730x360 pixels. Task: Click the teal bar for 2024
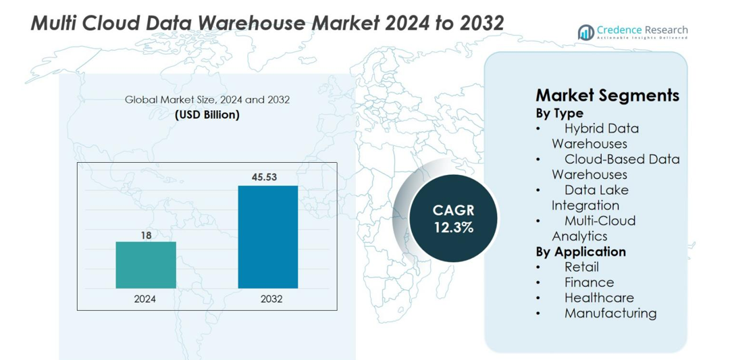146,265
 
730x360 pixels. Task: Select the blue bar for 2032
267,237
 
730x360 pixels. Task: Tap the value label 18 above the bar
146,234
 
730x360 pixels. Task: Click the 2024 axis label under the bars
146,299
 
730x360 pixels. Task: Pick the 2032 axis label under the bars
267,299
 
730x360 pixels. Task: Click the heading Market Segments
607,95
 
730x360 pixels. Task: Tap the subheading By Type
559,113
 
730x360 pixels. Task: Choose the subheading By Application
581,252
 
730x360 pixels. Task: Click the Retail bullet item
581,267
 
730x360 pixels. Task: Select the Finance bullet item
589,282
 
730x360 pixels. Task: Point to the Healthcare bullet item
599,298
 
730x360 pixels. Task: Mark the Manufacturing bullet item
610,313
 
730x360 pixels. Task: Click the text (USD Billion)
207,115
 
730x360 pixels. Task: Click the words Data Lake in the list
596,190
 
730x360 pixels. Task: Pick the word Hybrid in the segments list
582,128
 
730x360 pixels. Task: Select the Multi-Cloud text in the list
600,221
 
